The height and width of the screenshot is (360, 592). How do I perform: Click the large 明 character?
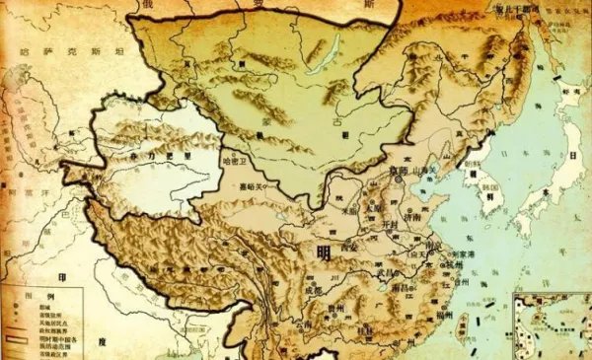[323, 252]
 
